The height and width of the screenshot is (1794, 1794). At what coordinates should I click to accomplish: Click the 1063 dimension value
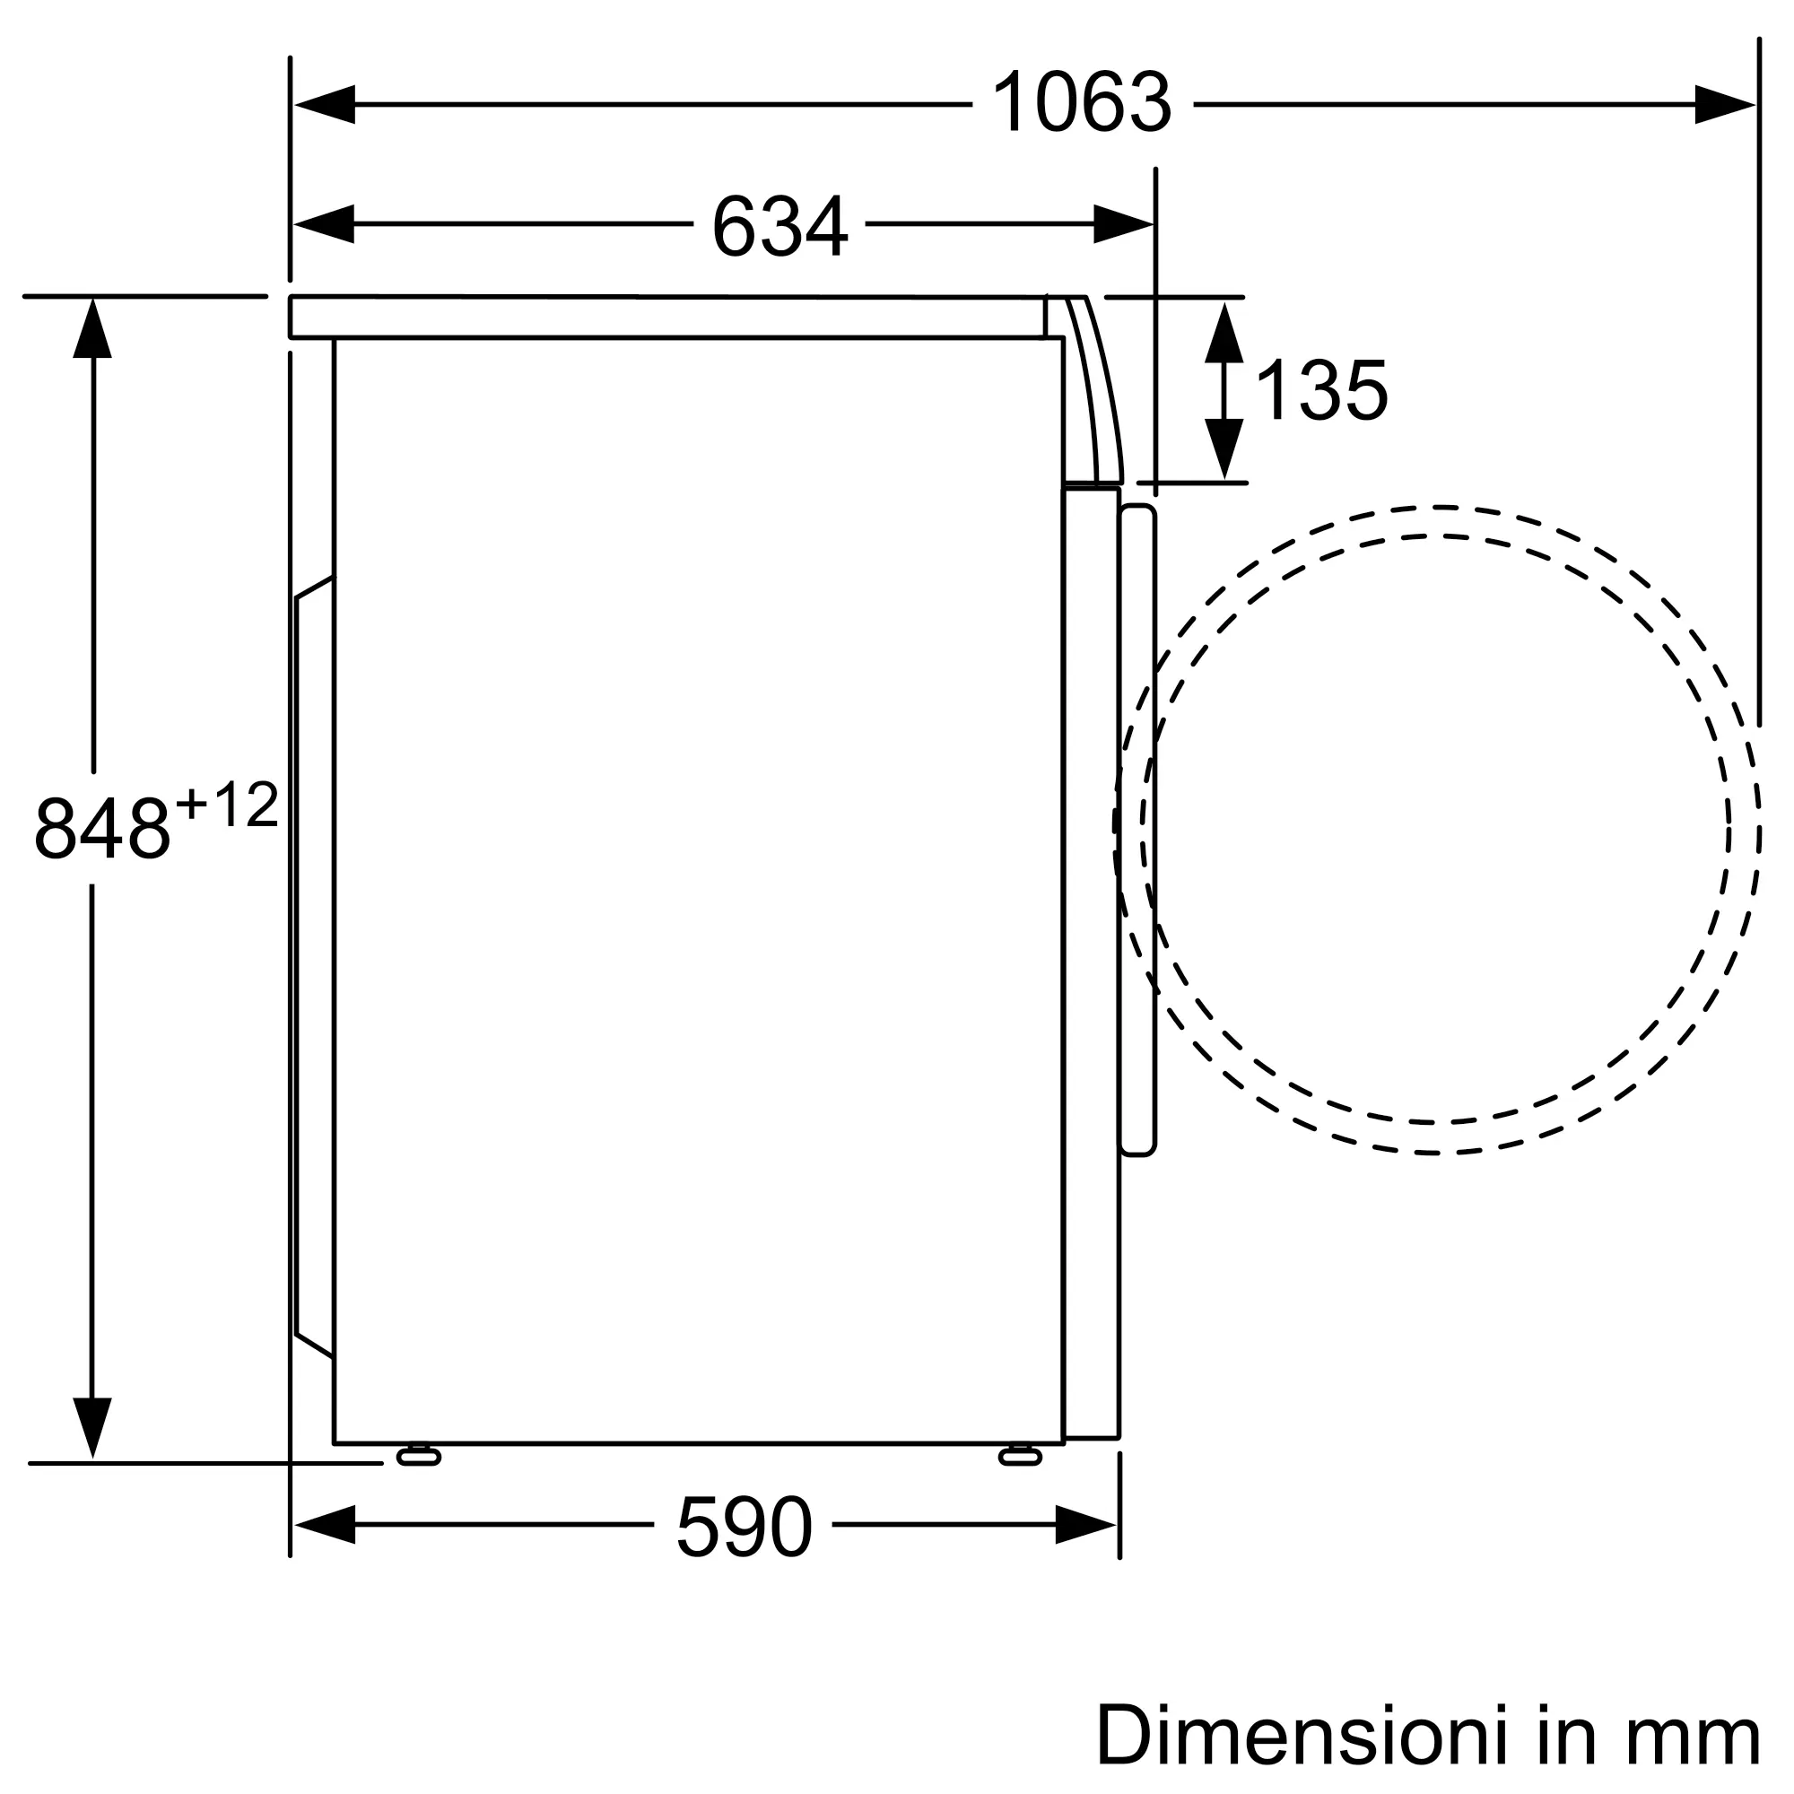pos(1082,104)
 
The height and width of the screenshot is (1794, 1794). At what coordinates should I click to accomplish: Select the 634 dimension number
pos(780,226)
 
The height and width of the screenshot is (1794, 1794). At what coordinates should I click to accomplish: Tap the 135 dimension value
pos(1320,391)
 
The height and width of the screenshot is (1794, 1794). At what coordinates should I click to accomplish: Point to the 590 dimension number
pos(744,1528)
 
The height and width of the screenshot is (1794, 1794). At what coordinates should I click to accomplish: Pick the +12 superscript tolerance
pos(227,804)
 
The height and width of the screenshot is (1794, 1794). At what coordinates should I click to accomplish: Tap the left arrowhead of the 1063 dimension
pos(324,104)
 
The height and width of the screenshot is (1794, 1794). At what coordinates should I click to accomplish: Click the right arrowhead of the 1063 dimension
pos(1724,104)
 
